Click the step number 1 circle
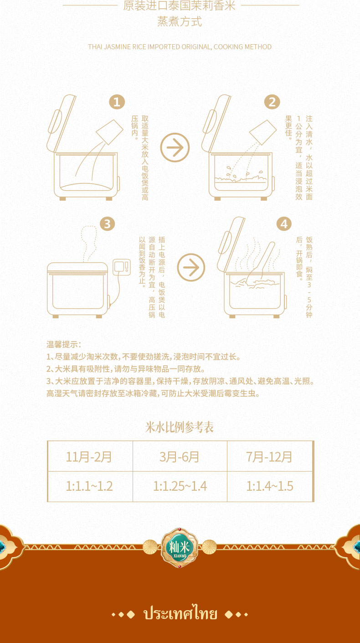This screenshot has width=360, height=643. coord(117,102)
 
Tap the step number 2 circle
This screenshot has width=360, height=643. coord(272,102)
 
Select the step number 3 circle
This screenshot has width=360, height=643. coord(107,223)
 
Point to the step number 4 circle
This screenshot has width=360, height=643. coord(284,223)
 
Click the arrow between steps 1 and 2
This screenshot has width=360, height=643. coord(175,147)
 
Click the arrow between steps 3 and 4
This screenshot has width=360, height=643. coord(191,267)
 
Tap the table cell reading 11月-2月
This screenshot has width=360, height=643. coord(89,456)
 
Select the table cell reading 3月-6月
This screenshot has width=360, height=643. coord(180,456)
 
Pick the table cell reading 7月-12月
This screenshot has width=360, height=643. coord(269,456)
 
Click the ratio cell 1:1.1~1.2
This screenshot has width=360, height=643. coord(89,486)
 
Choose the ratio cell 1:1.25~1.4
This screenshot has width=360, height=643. coord(180,486)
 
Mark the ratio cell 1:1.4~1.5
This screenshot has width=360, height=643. coord(269,486)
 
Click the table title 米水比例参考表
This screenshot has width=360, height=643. coord(180,427)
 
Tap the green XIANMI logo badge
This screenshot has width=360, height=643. coord(180,547)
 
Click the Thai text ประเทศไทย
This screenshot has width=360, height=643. coord(180,614)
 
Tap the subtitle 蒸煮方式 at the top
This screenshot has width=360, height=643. coord(180,22)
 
